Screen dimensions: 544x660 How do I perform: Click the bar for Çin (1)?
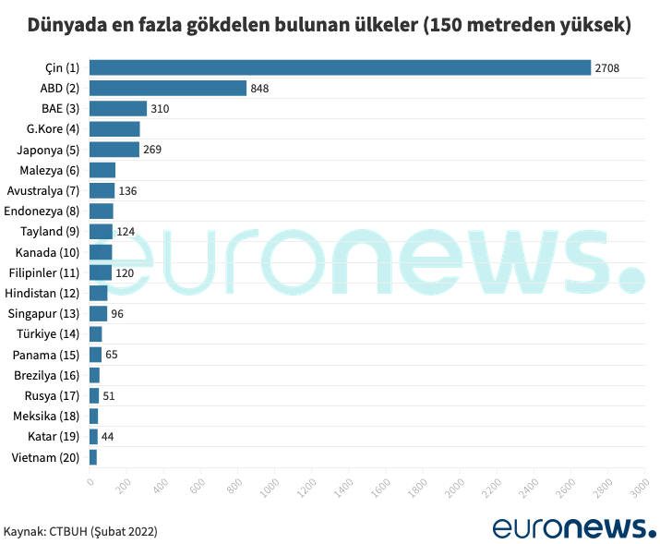click(x=340, y=67)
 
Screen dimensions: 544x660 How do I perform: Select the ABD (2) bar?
click(x=168, y=88)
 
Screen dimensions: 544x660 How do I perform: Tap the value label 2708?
click(x=607, y=67)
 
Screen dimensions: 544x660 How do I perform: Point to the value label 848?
click(x=259, y=88)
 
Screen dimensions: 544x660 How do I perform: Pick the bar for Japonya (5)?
click(x=114, y=150)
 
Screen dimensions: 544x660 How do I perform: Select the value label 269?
click(x=152, y=150)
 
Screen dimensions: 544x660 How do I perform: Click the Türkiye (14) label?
click(x=52, y=333)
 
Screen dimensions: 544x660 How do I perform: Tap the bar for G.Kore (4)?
click(x=114, y=128)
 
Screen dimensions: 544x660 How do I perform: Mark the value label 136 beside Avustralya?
click(x=128, y=190)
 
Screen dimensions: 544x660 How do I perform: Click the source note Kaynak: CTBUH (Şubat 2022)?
click(x=80, y=532)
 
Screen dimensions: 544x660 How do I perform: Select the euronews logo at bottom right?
click(x=573, y=527)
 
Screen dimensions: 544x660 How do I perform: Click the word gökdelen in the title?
click(x=222, y=25)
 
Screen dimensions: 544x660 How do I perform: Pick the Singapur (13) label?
click(x=49, y=313)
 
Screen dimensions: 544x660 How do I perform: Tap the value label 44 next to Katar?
click(x=107, y=436)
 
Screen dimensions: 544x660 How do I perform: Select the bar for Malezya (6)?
click(x=102, y=170)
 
